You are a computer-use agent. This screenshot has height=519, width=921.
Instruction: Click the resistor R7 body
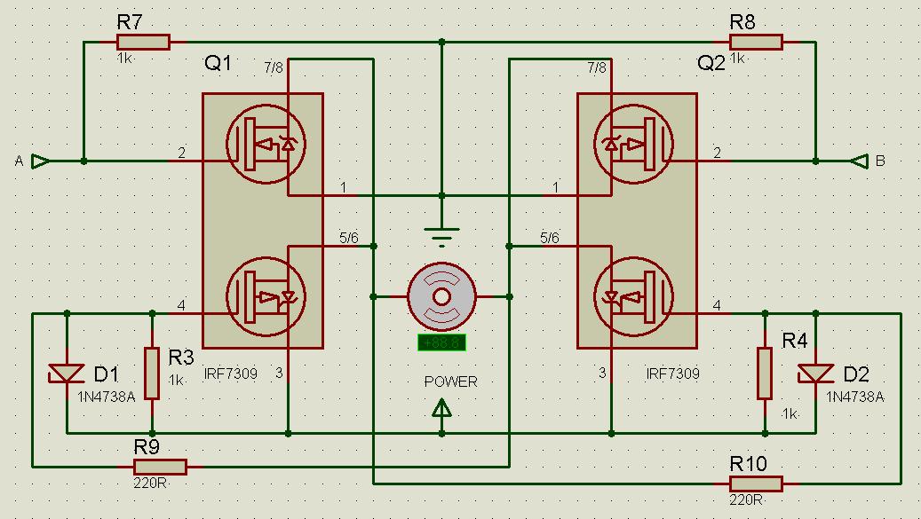point(143,42)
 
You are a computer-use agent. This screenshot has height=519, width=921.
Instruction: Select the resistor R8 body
point(755,42)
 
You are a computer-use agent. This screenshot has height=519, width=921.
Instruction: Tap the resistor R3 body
point(152,374)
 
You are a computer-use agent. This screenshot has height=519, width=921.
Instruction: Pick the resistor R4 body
point(764,374)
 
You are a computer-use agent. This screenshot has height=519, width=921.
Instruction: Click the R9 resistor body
point(160,467)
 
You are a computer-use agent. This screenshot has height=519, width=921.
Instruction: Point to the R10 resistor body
point(755,484)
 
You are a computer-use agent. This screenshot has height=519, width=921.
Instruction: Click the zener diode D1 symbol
point(67,375)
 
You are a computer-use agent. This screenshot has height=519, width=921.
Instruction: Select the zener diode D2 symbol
point(816,374)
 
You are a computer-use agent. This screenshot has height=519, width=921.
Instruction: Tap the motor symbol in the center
point(442,296)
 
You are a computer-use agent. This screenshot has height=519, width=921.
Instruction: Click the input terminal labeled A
point(40,161)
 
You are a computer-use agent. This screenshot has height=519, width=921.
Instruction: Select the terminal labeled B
point(858,161)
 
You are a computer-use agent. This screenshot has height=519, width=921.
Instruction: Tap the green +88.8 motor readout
point(442,342)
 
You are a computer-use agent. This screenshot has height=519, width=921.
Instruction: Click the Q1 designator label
point(218,64)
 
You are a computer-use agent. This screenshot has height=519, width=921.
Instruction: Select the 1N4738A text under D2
point(854,397)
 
